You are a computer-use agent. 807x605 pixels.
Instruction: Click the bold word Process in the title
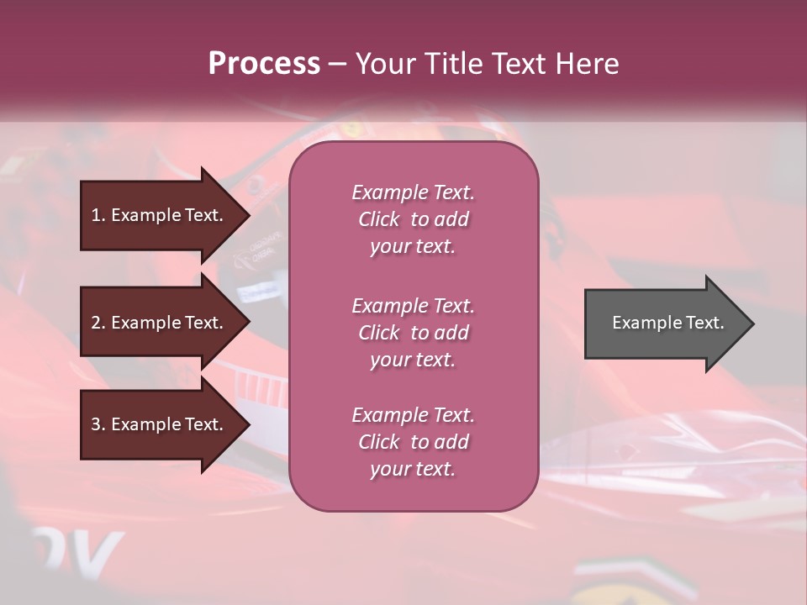click(x=264, y=64)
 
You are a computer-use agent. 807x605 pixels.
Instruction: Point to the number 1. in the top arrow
click(x=98, y=215)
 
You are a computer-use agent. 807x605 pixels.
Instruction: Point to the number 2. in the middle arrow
click(x=98, y=323)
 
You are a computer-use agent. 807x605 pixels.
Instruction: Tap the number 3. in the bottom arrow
click(x=98, y=424)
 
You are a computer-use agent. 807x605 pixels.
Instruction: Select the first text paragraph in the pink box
click(x=413, y=219)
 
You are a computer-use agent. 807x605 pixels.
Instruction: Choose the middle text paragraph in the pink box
click(x=413, y=333)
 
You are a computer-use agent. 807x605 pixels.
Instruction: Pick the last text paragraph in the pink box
click(x=413, y=442)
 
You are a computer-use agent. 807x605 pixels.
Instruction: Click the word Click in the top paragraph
click(x=379, y=220)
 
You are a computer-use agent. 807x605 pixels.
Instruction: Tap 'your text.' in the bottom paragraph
click(x=413, y=470)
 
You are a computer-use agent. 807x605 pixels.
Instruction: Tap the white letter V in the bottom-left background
click(x=103, y=551)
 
